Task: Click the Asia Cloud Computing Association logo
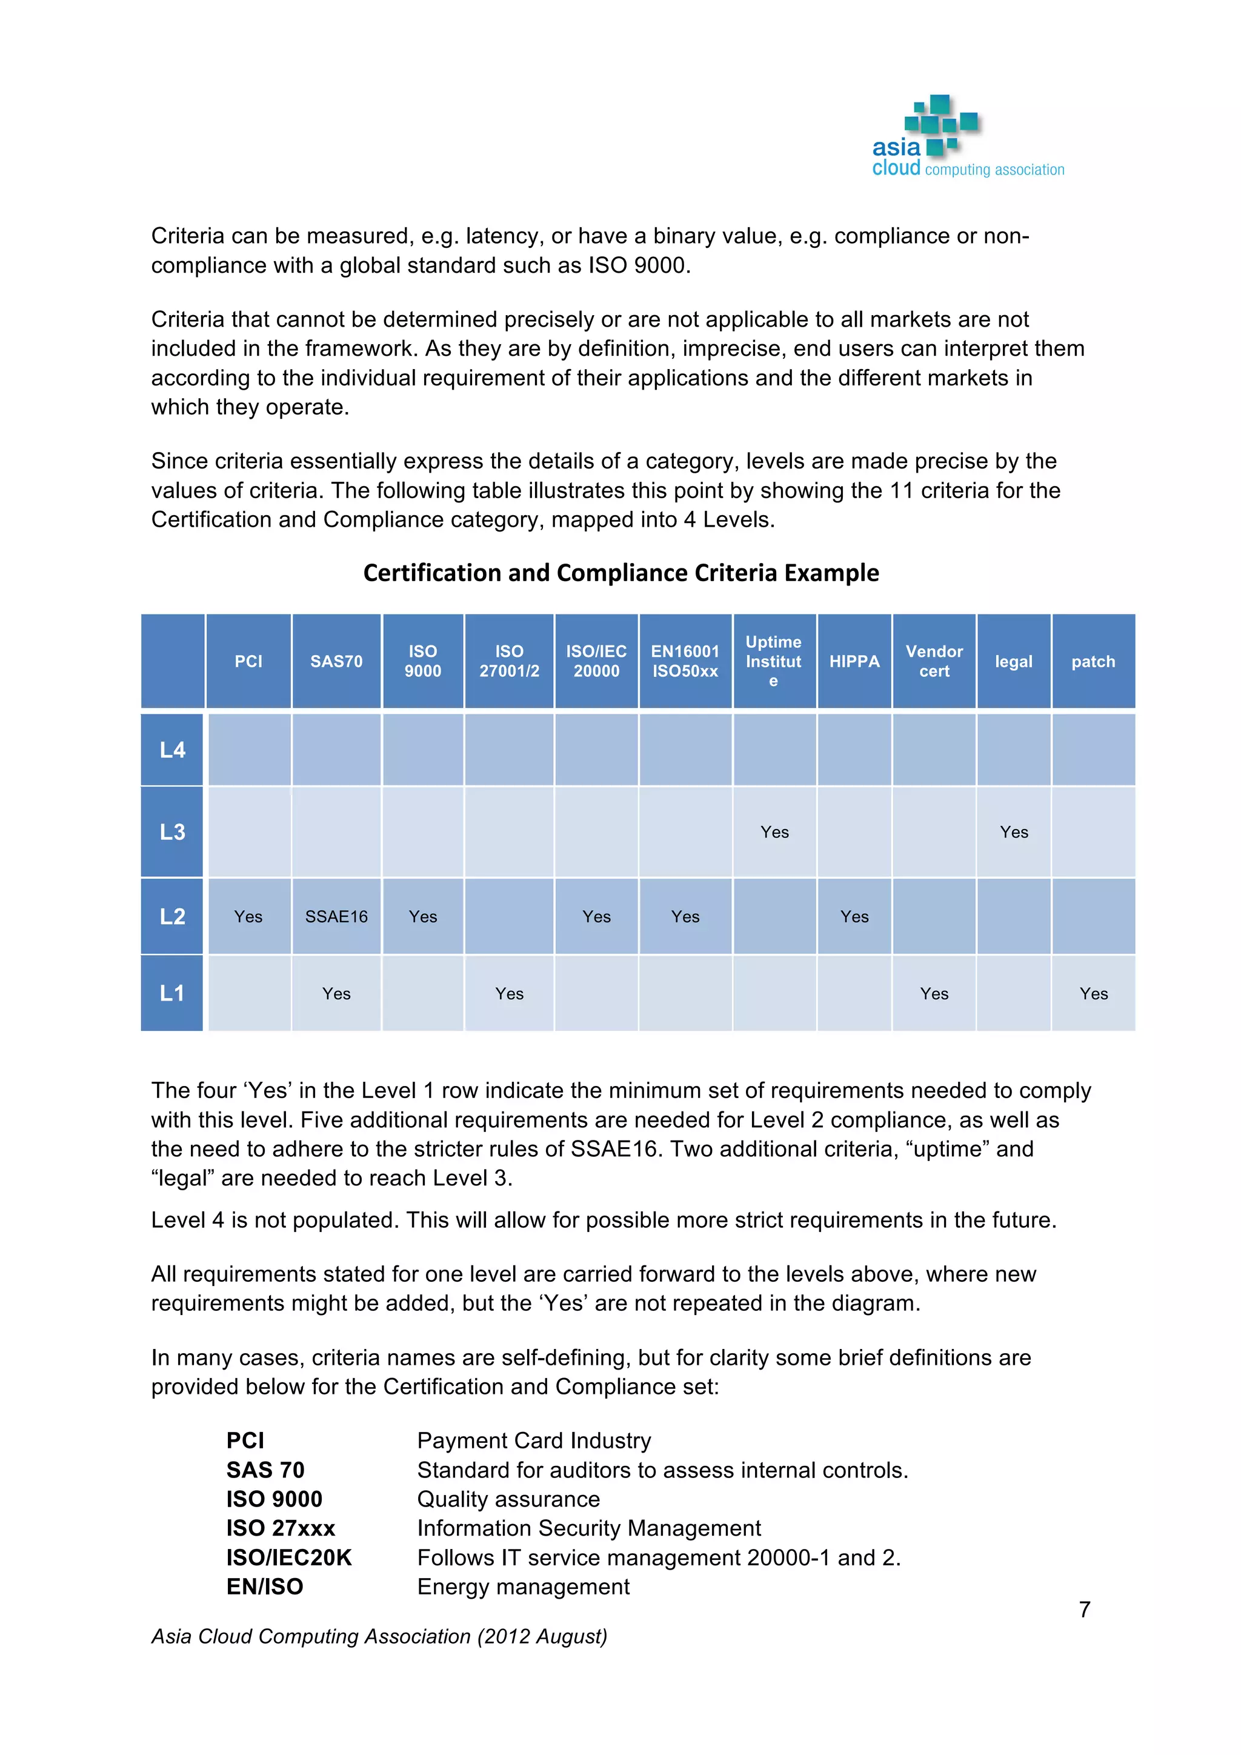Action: (968, 138)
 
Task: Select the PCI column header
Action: (248, 661)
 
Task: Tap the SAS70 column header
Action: (336, 661)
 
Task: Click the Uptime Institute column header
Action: (774, 661)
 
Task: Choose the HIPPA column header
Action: (854, 661)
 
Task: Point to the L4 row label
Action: (172, 750)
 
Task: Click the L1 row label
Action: (172, 993)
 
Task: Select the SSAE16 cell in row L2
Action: (336, 916)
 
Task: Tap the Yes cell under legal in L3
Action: (1014, 831)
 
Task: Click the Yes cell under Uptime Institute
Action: (774, 831)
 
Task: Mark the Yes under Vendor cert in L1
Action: (934, 994)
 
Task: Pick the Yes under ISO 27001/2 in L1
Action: (509, 994)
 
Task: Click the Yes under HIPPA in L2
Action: (854, 916)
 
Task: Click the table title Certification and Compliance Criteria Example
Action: (620, 573)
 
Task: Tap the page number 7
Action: (1084, 1610)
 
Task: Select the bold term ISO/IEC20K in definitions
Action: (289, 1557)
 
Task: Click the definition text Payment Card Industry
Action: (534, 1440)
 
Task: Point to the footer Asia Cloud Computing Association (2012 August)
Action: (379, 1636)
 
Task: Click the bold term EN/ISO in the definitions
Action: (264, 1586)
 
